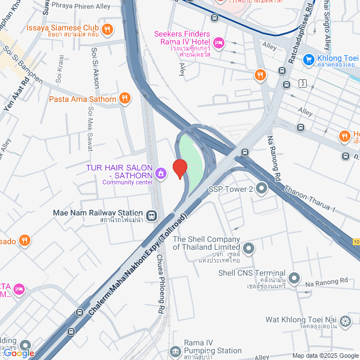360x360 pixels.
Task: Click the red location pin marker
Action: (179, 168)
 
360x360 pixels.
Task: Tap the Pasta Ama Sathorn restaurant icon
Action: (125, 99)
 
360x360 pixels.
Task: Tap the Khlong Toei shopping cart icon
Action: (308, 58)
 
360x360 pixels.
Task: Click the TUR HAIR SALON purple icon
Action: (161, 173)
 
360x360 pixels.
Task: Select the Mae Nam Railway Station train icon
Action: (151, 215)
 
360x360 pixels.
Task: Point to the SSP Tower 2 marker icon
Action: (261, 189)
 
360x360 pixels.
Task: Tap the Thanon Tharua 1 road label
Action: (309, 199)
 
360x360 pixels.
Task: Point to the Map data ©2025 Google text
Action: (324, 355)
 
